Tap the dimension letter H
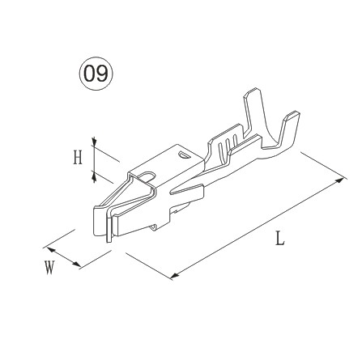(78, 157)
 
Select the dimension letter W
(50, 267)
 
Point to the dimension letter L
(279, 240)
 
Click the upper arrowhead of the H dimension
(95, 146)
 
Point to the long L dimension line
(258, 228)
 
